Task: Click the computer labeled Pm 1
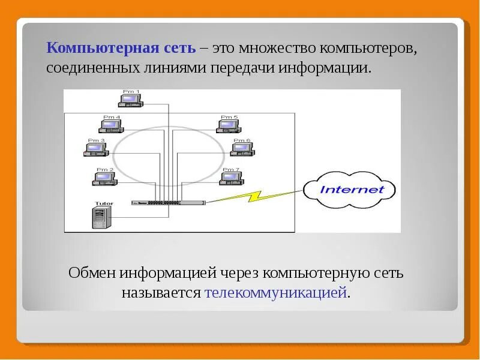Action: [131, 100]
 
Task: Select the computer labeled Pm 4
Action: [110, 125]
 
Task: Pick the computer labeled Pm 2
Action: [105, 177]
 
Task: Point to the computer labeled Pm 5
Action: [229, 125]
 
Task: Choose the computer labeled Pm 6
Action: [242, 148]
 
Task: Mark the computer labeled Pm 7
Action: [231, 177]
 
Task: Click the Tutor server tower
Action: [100, 217]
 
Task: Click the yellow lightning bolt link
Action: [252, 196]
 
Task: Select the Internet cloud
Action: [352, 190]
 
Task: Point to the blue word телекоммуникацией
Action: [276, 293]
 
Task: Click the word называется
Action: [161, 293]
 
